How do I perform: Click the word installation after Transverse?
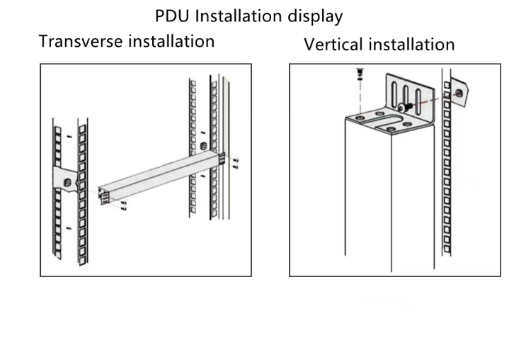click(171, 41)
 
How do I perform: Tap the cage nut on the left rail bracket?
click(68, 183)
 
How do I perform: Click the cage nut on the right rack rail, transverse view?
click(204, 147)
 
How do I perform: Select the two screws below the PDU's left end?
click(123, 206)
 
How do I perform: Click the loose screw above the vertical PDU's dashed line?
click(358, 74)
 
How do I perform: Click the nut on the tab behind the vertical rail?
click(460, 92)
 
